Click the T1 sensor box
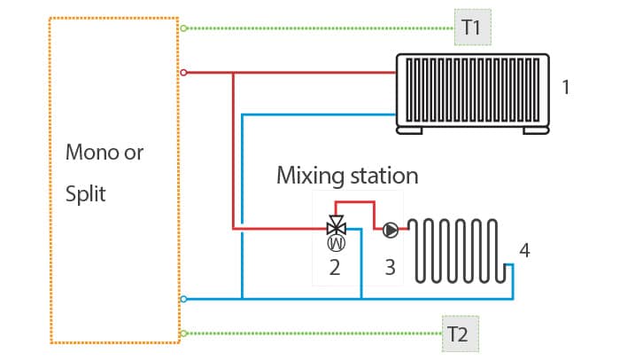472,27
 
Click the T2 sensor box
461,334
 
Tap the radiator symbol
472,94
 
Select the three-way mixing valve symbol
337,226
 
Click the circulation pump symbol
391,230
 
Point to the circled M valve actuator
337,243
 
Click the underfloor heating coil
457,250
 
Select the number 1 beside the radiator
566,88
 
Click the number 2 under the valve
335,268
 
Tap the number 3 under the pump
390,268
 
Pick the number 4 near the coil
524,250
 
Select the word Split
85,193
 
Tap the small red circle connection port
183,73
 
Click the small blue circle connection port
183,299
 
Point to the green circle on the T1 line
183,28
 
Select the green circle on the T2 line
183,334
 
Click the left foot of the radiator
409,130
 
